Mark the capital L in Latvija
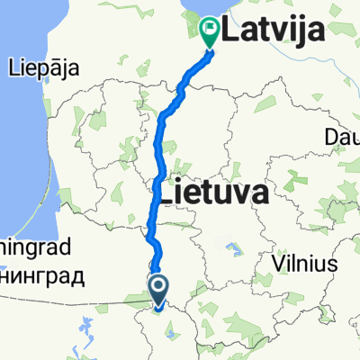232,35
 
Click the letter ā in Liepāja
53,67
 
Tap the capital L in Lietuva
166,193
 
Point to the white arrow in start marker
159,287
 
